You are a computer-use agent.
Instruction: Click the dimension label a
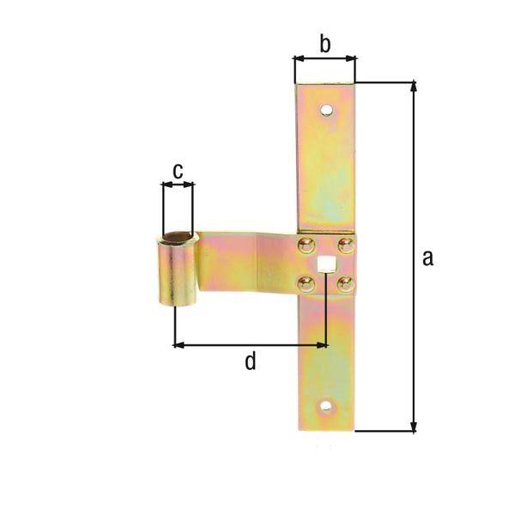click(x=427, y=257)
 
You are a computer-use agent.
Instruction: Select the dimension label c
click(x=177, y=172)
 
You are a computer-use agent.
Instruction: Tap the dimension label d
click(x=250, y=361)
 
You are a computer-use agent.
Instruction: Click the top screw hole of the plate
click(x=325, y=110)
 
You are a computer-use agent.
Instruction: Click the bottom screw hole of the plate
click(x=325, y=407)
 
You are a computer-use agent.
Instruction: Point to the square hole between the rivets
click(x=325, y=264)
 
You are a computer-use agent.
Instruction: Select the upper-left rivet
click(x=306, y=246)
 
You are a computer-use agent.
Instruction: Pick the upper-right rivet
click(x=345, y=246)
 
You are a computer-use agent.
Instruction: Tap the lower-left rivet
click(x=306, y=282)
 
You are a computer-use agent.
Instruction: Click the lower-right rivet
click(x=345, y=282)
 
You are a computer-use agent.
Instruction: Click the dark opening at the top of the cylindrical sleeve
click(x=178, y=236)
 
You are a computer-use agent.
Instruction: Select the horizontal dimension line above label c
click(x=178, y=184)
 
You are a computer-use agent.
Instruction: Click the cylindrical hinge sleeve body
click(x=177, y=275)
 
